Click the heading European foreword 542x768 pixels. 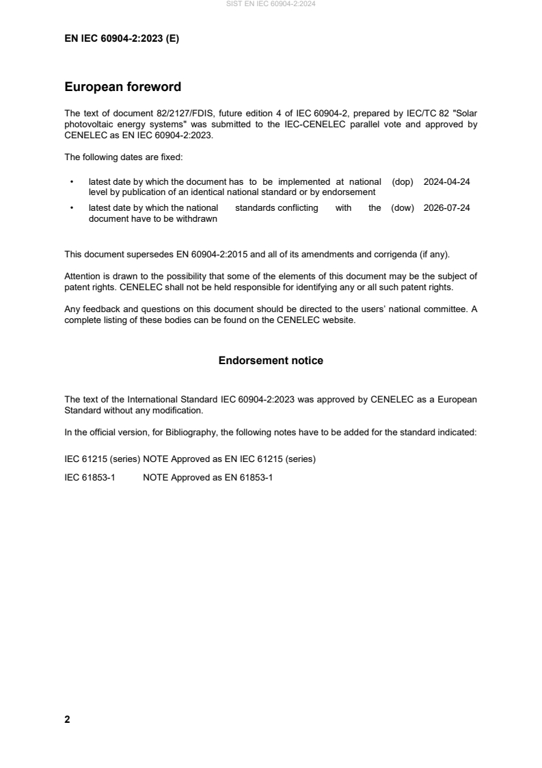[x=122, y=87]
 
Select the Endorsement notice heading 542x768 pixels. [x=271, y=361]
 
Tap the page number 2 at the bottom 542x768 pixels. [x=67, y=719]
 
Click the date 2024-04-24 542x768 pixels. [x=447, y=182]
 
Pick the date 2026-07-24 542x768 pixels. [x=447, y=208]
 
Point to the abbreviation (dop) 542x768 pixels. [x=403, y=182]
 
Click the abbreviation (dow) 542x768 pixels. [x=403, y=208]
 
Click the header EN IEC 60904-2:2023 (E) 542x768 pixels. [x=122, y=39]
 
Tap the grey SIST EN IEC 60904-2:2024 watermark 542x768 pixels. [x=271, y=5]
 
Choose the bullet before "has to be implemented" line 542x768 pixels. [x=72, y=183]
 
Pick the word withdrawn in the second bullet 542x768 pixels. [x=195, y=218]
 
